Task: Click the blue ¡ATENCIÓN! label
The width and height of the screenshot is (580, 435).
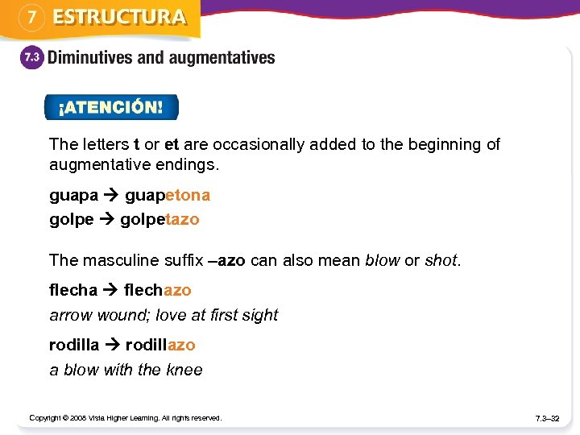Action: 110,107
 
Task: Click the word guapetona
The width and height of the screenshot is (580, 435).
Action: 168,195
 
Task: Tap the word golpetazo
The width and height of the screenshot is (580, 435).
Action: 159,219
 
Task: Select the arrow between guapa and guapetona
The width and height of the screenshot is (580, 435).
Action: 111,195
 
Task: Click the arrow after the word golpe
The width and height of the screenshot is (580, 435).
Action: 107,219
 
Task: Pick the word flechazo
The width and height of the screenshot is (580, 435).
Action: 158,289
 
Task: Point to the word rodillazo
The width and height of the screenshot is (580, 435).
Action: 160,345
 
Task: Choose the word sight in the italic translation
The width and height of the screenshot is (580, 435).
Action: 259,315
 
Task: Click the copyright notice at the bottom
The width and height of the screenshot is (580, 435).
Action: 125,418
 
